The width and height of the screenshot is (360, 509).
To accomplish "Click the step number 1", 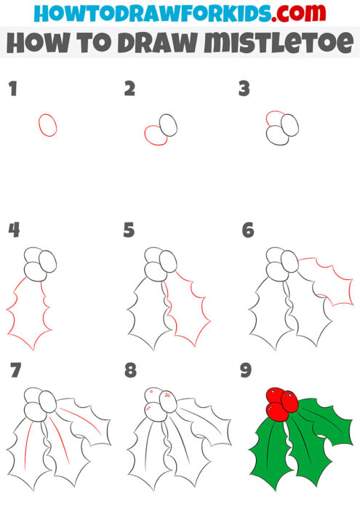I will (x=12, y=89).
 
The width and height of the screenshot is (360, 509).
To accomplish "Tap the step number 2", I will (x=129, y=89).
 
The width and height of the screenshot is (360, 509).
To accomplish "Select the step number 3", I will (x=244, y=89).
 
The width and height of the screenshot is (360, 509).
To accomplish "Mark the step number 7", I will (x=14, y=370).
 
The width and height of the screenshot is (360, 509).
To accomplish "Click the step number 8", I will (x=130, y=370).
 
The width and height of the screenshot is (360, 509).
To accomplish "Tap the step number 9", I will (x=247, y=370).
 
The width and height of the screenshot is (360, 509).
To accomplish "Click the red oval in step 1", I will (x=48, y=124).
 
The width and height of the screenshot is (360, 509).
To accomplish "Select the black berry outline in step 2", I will (x=169, y=124).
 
